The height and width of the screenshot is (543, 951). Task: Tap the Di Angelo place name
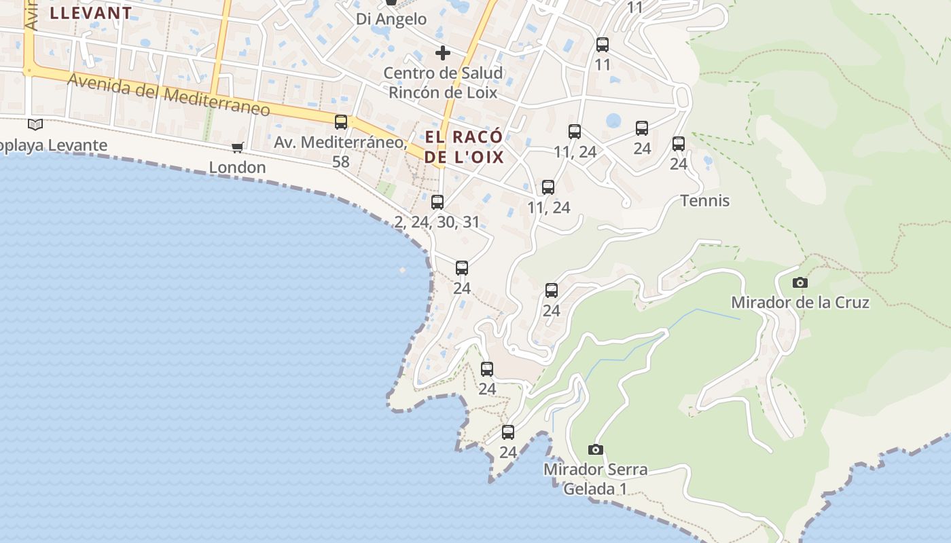pyautogui.click(x=391, y=19)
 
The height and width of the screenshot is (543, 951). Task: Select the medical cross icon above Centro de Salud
pyautogui.click(x=443, y=53)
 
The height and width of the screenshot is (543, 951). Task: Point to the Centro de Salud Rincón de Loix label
pyautogui.click(x=443, y=83)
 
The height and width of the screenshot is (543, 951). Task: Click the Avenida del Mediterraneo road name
pyautogui.click(x=168, y=94)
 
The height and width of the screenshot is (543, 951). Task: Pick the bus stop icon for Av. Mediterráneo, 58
pyautogui.click(x=341, y=122)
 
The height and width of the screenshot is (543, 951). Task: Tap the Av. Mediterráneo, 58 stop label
pyautogui.click(x=340, y=151)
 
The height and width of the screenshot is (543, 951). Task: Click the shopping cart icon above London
pyautogui.click(x=237, y=147)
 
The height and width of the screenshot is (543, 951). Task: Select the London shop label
pyautogui.click(x=237, y=167)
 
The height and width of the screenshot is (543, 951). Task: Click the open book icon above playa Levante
pyautogui.click(x=35, y=125)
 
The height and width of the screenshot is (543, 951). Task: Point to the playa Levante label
pyautogui.click(x=54, y=145)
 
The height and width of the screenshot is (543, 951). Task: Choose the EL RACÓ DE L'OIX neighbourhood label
pyautogui.click(x=464, y=147)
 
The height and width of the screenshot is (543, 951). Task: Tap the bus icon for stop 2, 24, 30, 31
pyautogui.click(x=437, y=202)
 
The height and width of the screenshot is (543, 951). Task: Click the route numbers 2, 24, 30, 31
pyautogui.click(x=437, y=222)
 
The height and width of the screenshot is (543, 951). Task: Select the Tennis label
pyautogui.click(x=705, y=200)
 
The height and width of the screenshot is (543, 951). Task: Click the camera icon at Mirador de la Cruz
pyautogui.click(x=800, y=282)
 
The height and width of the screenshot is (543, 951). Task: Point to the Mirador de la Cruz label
pyautogui.click(x=800, y=302)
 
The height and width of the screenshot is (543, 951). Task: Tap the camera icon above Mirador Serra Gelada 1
pyautogui.click(x=596, y=449)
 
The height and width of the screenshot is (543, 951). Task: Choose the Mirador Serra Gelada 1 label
pyautogui.click(x=595, y=479)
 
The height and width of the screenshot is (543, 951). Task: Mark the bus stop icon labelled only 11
pyautogui.click(x=603, y=45)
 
